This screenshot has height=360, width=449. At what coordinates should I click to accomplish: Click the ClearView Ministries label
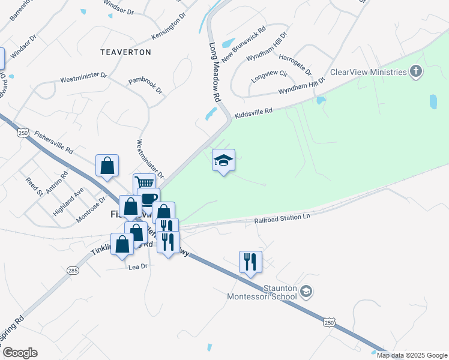click(369, 72)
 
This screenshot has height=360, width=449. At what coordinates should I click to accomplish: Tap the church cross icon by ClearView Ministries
click(415, 72)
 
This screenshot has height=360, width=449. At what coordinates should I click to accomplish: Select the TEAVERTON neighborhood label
click(125, 52)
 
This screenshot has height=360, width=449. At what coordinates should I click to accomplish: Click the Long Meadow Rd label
click(215, 71)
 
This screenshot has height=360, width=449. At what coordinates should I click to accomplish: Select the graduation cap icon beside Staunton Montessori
click(306, 292)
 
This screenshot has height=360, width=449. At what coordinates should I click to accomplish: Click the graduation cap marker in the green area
click(223, 160)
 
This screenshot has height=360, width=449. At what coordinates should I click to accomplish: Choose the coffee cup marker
click(148, 198)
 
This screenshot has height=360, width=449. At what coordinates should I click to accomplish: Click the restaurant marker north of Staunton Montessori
click(250, 262)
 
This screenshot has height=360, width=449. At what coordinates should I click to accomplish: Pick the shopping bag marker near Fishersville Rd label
click(107, 166)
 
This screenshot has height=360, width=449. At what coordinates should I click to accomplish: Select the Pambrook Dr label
click(146, 86)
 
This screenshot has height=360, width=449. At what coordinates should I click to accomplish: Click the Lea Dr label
click(137, 267)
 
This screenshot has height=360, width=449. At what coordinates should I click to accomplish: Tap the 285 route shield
click(73, 271)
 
